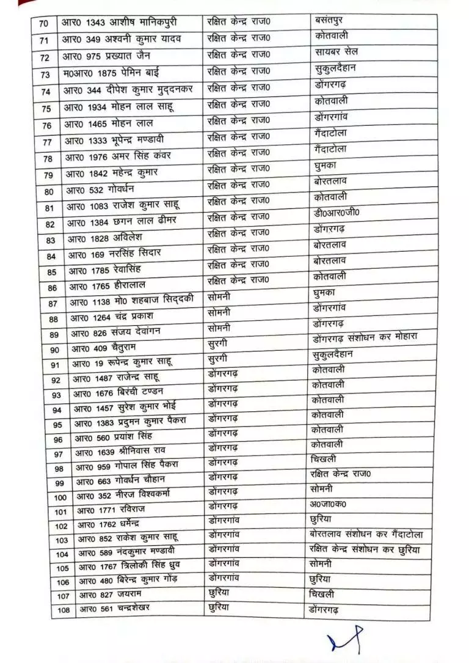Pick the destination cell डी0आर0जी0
tap(333, 214)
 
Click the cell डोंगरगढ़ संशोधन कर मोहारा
tap(364, 339)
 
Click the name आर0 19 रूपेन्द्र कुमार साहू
tap(123, 363)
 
